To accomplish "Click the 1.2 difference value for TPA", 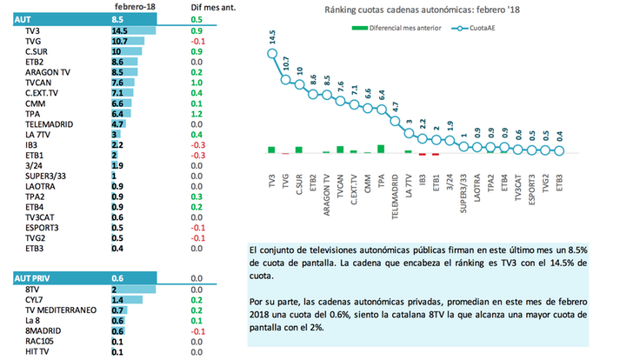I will click(x=197, y=114).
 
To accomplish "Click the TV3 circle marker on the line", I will click(x=270, y=54).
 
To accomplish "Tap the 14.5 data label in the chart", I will click(x=271, y=37).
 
